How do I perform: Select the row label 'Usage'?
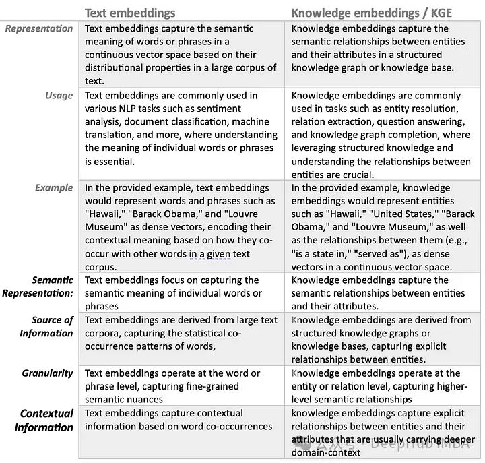click(x=59, y=96)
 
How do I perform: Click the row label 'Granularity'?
click(x=47, y=373)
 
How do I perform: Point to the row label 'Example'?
click(x=53, y=188)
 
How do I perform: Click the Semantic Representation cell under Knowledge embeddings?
click(x=381, y=293)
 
